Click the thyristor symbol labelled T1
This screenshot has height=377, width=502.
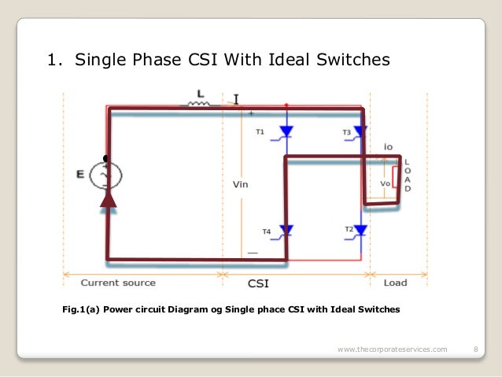286,132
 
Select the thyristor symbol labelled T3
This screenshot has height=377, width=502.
360,131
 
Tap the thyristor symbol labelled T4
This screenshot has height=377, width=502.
286,230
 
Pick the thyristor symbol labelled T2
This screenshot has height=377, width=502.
360,230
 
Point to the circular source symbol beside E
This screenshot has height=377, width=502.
106,174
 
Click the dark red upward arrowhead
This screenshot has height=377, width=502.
108,198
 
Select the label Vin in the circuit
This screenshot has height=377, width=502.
241,187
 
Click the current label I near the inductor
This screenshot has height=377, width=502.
236,99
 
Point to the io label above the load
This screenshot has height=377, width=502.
388,147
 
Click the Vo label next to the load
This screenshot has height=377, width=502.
385,183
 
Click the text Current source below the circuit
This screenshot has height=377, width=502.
118,283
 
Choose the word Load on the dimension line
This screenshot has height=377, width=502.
395,283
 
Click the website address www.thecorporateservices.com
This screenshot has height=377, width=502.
391,349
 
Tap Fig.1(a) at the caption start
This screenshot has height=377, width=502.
80,309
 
